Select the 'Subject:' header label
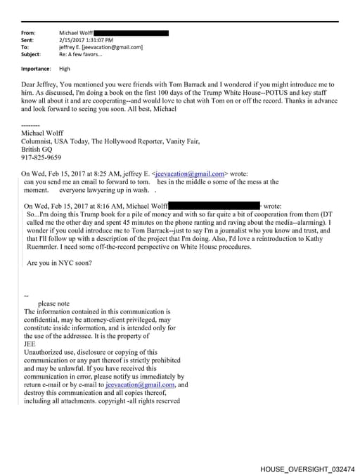tap(31, 54)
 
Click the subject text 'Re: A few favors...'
tap(82, 54)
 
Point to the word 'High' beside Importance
tap(65, 69)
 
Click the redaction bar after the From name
tap(131, 33)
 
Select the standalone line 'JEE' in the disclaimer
tap(30, 344)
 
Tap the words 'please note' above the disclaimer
tap(54, 304)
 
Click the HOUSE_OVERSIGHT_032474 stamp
tap(307, 467)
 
